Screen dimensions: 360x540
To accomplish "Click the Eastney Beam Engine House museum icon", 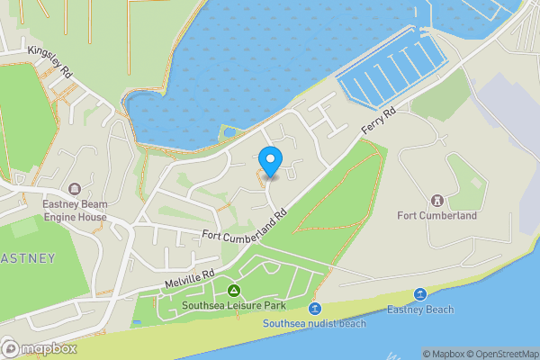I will pyautogui.click(x=74, y=189).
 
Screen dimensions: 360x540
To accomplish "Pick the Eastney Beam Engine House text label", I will pyautogui.click(x=74, y=211).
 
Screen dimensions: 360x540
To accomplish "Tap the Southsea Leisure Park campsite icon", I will pyautogui.click(x=234, y=291).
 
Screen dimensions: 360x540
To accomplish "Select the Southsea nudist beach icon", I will pyautogui.click(x=315, y=309).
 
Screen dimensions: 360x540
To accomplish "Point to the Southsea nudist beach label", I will pyautogui.click(x=315, y=323).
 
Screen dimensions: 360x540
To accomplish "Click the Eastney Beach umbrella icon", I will pyautogui.click(x=419, y=294).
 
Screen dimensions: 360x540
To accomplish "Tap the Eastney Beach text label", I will pyautogui.click(x=419, y=310).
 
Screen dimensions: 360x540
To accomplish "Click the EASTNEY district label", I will pyautogui.click(x=27, y=258).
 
